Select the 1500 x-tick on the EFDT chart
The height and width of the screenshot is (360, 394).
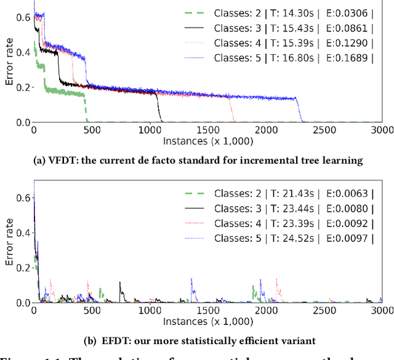pos(208,311)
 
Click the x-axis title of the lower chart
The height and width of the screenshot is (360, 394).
pos(208,322)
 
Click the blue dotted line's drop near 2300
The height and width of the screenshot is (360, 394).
pos(300,111)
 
